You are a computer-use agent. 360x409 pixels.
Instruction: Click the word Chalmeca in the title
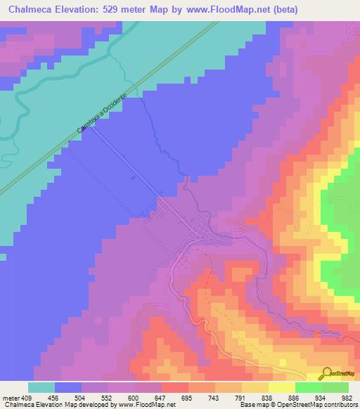(30, 10)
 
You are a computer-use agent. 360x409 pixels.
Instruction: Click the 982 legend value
(345, 397)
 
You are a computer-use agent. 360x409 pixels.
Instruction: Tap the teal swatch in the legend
(41, 387)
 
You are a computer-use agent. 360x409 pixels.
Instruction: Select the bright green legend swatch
(308, 387)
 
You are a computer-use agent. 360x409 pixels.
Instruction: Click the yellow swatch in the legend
(281, 387)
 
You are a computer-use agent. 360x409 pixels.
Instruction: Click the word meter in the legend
(12, 397)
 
